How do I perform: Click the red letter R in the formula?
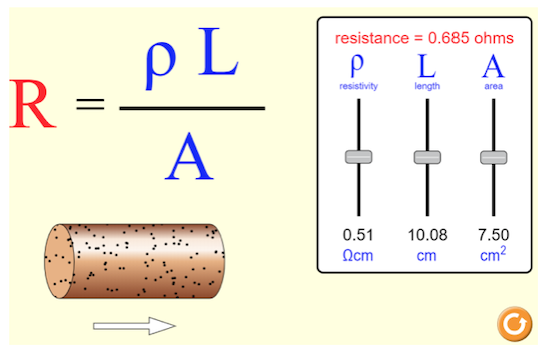pyautogui.click(x=32, y=105)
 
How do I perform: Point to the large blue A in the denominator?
pyautogui.click(x=190, y=157)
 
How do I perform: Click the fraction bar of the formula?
pyautogui.click(x=191, y=107)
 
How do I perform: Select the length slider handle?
pyautogui.click(x=427, y=157)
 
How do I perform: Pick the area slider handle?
pyautogui.click(x=493, y=157)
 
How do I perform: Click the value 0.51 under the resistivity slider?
pyautogui.click(x=358, y=235)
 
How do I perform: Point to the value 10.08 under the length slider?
pyautogui.click(x=427, y=235)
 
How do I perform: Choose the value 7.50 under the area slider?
pyautogui.click(x=493, y=235)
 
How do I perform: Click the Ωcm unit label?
pyautogui.click(x=358, y=256)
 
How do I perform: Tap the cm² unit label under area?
pyautogui.click(x=493, y=255)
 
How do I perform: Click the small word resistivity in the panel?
pyautogui.click(x=358, y=87)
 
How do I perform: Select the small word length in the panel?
pyautogui.click(x=427, y=87)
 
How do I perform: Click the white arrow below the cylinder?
pyautogui.click(x=134, y=325)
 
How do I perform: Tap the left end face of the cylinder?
pyautogui.click(x=58, y=262)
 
